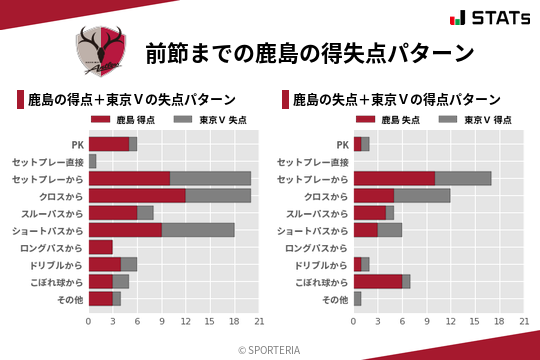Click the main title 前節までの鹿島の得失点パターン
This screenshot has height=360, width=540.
coord(309,52)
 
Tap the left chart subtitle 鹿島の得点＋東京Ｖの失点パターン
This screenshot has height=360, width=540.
coord(131,100)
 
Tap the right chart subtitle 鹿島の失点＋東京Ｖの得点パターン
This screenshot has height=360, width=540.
coord(395,100)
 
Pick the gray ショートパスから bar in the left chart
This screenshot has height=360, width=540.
coord(198,229)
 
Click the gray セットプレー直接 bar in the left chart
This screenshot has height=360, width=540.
coord(93,161)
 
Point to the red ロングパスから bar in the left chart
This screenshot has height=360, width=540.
coord(101,247)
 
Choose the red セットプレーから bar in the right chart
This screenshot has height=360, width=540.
coord(394,178)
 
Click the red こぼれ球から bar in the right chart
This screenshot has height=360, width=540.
coord(378,281)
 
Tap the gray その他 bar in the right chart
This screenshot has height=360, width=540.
coord(357,298)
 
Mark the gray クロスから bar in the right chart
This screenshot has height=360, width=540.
coord(422,195)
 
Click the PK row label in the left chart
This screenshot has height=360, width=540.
coord(77,144)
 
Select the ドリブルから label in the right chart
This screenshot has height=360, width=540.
coord(321,264)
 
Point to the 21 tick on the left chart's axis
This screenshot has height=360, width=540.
coord(258,321)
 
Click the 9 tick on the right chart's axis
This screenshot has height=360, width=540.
coord(427,321)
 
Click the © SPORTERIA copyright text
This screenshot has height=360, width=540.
coord(270,349)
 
